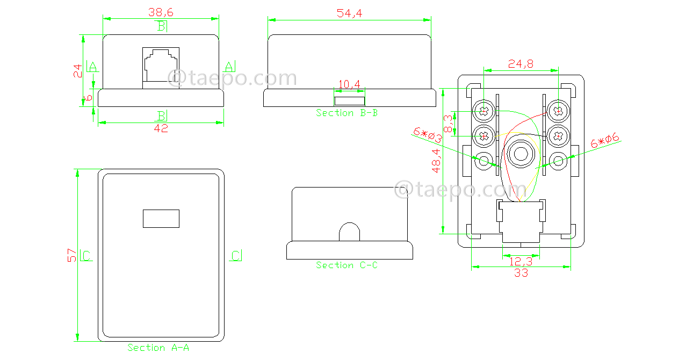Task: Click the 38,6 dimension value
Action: pos(161,11)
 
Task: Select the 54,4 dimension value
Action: pos(349,13)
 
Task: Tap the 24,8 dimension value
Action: pos(521,64)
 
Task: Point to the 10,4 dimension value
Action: pos(349,84)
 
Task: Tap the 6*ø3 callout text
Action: pos(428,135)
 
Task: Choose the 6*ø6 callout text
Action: pos(605,142)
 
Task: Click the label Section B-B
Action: pos(346,113)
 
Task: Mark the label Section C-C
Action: pos(346,265)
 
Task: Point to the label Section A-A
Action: pos(158,348)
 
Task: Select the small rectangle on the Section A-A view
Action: pos(161,218)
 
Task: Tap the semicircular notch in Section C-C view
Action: pos(349,232)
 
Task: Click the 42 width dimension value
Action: pos(161,128)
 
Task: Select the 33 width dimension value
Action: pos(521,273)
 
